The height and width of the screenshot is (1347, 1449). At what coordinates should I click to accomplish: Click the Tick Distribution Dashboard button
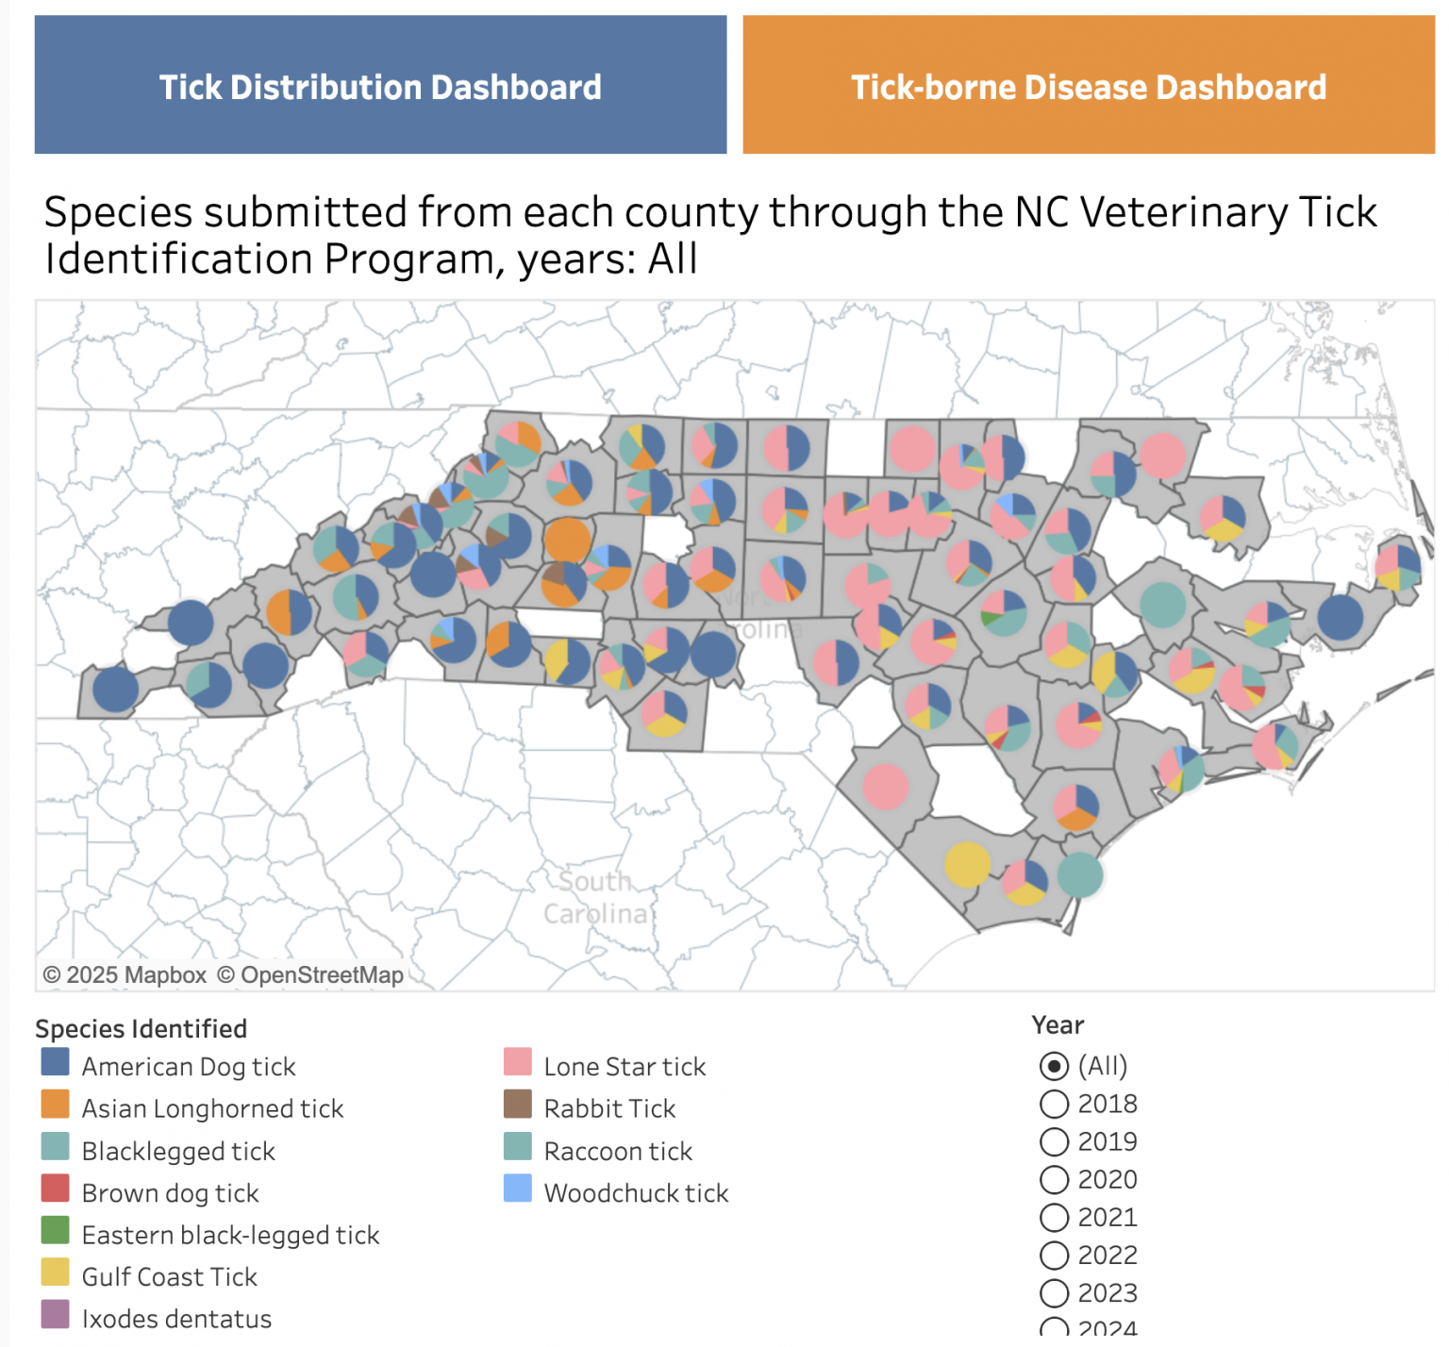pyautogui.click(x=380, y=86)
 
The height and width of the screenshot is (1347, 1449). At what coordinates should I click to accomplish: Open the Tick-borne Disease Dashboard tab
pyautogui.click(x=1088, y=86)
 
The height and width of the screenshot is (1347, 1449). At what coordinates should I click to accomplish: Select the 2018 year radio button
pyautogui.click(x=1054, y=1104)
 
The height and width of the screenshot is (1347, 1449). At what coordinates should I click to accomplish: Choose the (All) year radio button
pyautogui.click(x=1054, y=1066)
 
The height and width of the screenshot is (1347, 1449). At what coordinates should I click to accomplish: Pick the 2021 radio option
pyautogui.click(x=1054, y=1218)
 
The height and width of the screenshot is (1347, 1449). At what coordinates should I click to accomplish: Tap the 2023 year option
pyautogui.click(x=1054, y=1293)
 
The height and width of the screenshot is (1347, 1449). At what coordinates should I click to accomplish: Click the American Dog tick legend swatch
pyautogui.click(x=56, y=1062)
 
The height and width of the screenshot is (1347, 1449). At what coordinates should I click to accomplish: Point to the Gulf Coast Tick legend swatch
pyautogui.click(x=56, y=1272)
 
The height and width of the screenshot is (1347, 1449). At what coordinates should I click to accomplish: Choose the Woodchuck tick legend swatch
pyautogui.click(x=518, y=1189)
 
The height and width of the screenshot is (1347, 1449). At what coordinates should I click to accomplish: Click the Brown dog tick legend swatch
pyautogui.click(x=56, y=1189)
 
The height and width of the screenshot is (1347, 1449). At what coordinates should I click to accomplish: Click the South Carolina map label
pyautogui.click(x=596, y=897)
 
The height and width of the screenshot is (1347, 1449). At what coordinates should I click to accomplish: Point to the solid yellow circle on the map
pyautogui.click(x=967, y=864)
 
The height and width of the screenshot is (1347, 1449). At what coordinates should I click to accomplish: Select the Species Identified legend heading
pyautogui.click(x=142, y=1028)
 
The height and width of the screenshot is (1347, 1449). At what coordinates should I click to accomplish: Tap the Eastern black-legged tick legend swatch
pyautogui.click(x=56, y=1230)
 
